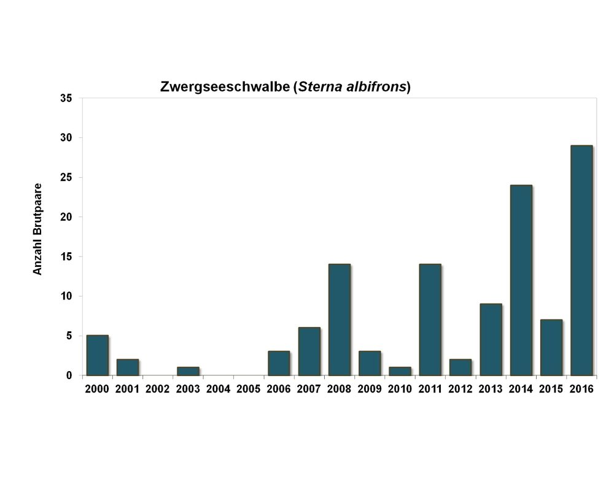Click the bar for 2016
tap(581, 260)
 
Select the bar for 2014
tap(521, 280)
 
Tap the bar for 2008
tap(339, 320)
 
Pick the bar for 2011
tap(430, 320)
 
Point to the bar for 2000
tap(97, 355)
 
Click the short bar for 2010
tap(400, 371)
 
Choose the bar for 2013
tap(491, 339)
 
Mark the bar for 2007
tap(309, 351)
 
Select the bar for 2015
tap(551, 347)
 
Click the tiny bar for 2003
tap(188, 371)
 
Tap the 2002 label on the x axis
tap(158, 389)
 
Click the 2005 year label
tap(249, 389)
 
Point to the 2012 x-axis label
tap(460, 389)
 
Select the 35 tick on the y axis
tap(66, 98)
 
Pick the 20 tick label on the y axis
tap(66, 217)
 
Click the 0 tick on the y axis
tap(69, 375)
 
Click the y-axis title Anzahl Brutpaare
tap(38, 228)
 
